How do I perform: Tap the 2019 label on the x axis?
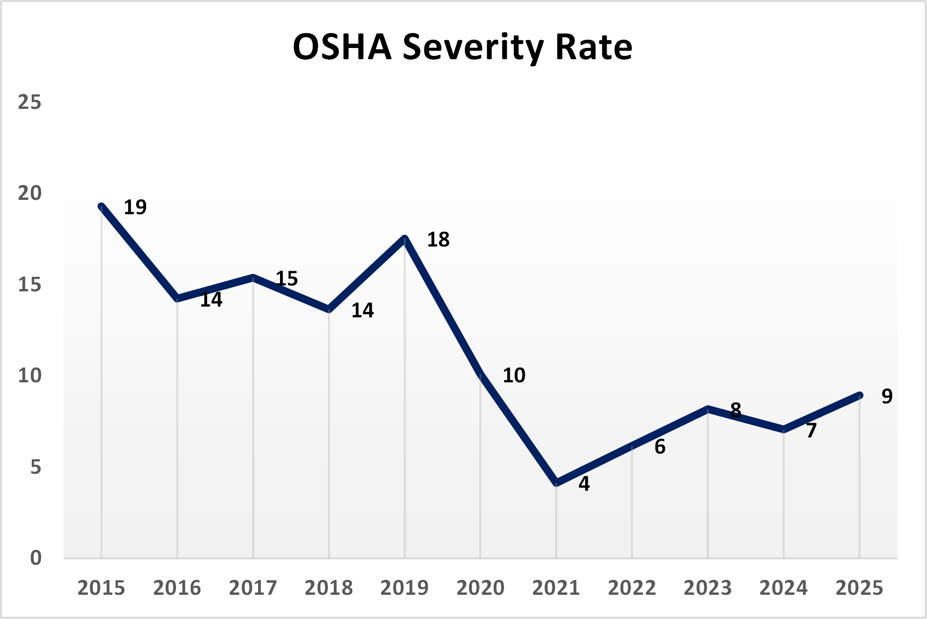click(404, 588)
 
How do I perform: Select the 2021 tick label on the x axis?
click(556, 588)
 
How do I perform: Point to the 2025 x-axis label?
click(859, 588)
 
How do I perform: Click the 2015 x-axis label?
click(101, 588)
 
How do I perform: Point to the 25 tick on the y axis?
click(30, 102)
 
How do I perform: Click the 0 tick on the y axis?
click(35, 558)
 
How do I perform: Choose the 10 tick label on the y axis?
click(30, 376)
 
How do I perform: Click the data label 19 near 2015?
click(135, 207)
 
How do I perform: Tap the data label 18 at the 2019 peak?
click(438, 239)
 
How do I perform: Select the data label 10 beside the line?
click(513, 375)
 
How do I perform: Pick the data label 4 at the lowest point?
click(584, 484)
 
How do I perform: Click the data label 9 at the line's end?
click(887, 396)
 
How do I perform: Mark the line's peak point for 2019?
click(405, 238)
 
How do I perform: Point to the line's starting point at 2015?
click(102, 207)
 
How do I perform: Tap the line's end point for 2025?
click(859, 395)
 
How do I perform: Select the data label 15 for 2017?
click(287, 278)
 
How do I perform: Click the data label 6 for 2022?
click(660, 447)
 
